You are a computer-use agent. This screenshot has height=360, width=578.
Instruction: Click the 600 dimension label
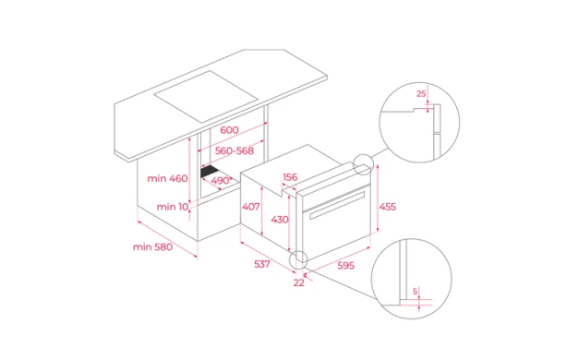229,130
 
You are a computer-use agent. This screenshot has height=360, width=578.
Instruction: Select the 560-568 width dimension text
235,150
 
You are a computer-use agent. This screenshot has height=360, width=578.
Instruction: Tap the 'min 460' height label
167,178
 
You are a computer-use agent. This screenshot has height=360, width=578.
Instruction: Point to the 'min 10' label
173,207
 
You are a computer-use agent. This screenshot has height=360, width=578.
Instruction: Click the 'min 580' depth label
152,246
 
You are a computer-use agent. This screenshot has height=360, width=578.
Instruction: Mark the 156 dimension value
290,177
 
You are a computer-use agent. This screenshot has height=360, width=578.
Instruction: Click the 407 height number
251,207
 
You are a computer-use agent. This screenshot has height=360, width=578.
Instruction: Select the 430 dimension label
280,220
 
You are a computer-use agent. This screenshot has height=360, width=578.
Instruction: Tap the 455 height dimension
388,207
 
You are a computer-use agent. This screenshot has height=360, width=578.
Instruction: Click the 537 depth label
262,264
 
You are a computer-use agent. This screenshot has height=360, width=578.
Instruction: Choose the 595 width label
345,265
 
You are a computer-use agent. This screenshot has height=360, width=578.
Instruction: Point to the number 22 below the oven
298,282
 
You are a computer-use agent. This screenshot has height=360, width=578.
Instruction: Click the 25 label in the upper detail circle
421,94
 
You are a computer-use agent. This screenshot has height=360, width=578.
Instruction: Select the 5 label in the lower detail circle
415,292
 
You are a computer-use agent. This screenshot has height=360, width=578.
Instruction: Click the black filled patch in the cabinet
210,172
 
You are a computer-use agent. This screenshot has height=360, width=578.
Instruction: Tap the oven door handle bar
337,205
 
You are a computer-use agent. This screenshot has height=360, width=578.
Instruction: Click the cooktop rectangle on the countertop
205,97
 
